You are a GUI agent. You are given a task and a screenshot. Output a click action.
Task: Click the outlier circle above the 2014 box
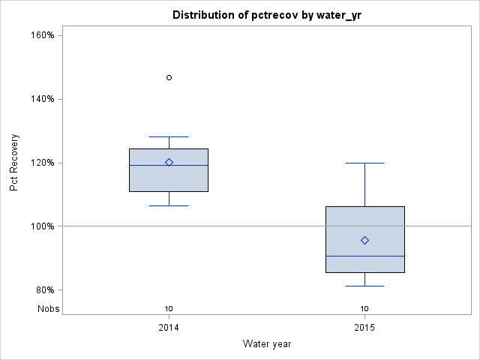169,77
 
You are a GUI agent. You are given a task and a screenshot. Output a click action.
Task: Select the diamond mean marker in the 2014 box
169,162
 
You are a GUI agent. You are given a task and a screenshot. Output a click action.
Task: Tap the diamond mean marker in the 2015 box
364,240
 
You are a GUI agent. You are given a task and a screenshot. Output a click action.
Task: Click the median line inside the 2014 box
169,165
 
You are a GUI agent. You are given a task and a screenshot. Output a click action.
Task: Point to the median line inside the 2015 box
364,256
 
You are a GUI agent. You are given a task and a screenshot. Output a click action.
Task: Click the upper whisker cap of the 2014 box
169,137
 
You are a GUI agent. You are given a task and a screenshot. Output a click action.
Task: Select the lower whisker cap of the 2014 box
169,205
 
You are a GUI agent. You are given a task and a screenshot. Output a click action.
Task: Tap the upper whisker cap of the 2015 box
364,163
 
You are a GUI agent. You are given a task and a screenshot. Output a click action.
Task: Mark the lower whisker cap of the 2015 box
364,286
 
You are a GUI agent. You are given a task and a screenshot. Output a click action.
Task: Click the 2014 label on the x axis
169,328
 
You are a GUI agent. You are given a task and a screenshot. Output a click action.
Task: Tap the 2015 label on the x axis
364,328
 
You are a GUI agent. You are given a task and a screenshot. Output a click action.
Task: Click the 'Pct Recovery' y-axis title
14,163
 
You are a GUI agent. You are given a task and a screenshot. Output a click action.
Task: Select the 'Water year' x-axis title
266,344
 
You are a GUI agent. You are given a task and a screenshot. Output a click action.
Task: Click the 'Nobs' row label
48,309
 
